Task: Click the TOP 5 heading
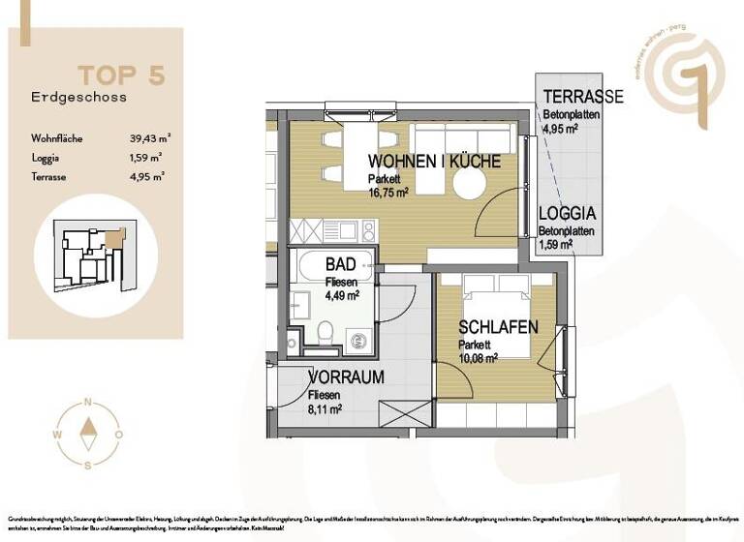(120, 75)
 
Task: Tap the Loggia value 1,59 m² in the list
(146, 157)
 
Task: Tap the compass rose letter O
(118, 435)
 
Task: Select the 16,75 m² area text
(388, 192)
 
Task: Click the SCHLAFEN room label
(498, 328)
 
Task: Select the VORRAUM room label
(346, 377)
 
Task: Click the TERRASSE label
(582, 97)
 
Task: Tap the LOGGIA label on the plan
(567, 215)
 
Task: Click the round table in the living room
(468, 185)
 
